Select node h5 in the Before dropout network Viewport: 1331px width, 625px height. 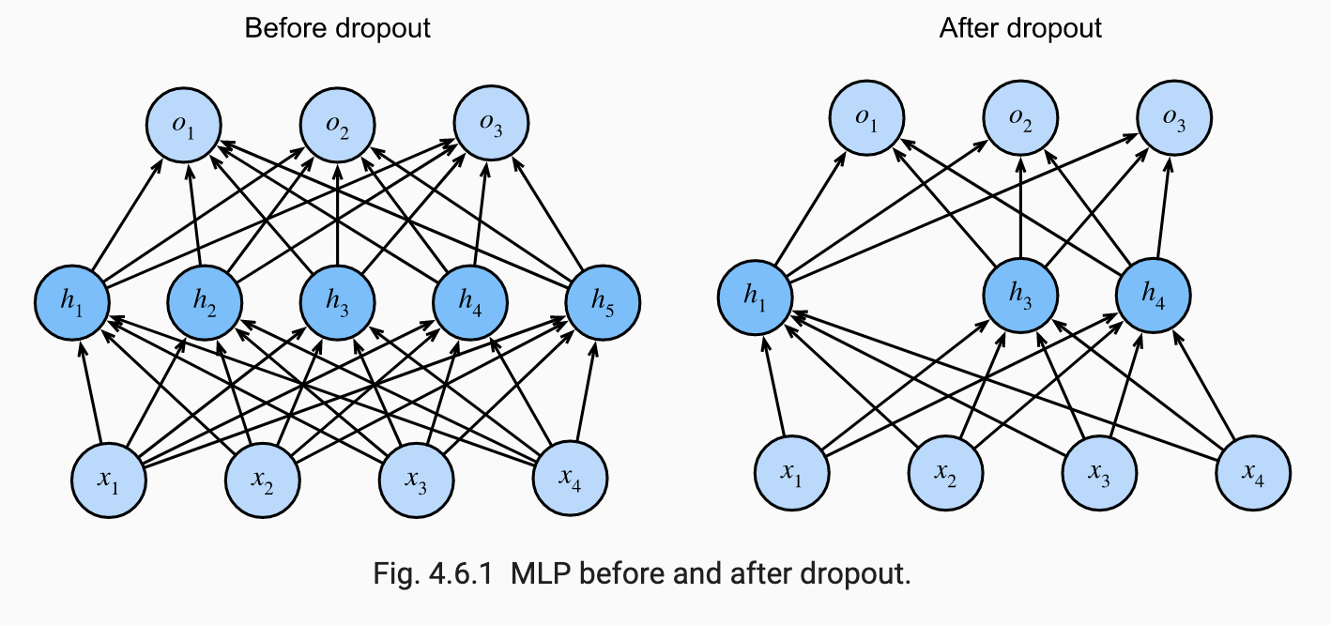click(x=603, y=299)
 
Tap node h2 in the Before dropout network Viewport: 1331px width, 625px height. click(x=205, y=299)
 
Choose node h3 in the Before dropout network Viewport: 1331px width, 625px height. click(x=338, y=299)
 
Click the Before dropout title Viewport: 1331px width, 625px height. click(x=337, y=28)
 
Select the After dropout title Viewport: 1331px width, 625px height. click(x=1020, y=28)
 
